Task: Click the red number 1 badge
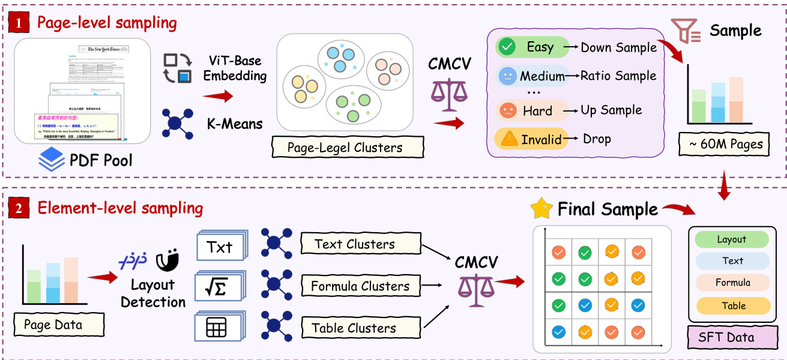point(18,23)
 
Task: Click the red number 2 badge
point(18,209)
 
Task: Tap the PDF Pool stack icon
point(51,160)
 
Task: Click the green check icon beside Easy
point(508,47)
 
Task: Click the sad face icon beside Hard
point(508,110)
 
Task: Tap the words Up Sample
point(611,110)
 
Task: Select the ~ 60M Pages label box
point(725,144)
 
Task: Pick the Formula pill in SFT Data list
point(732,283)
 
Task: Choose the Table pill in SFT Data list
point(732,305)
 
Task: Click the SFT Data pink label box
point(726,337)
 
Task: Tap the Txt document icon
point(220,247)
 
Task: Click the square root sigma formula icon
point(220,287)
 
